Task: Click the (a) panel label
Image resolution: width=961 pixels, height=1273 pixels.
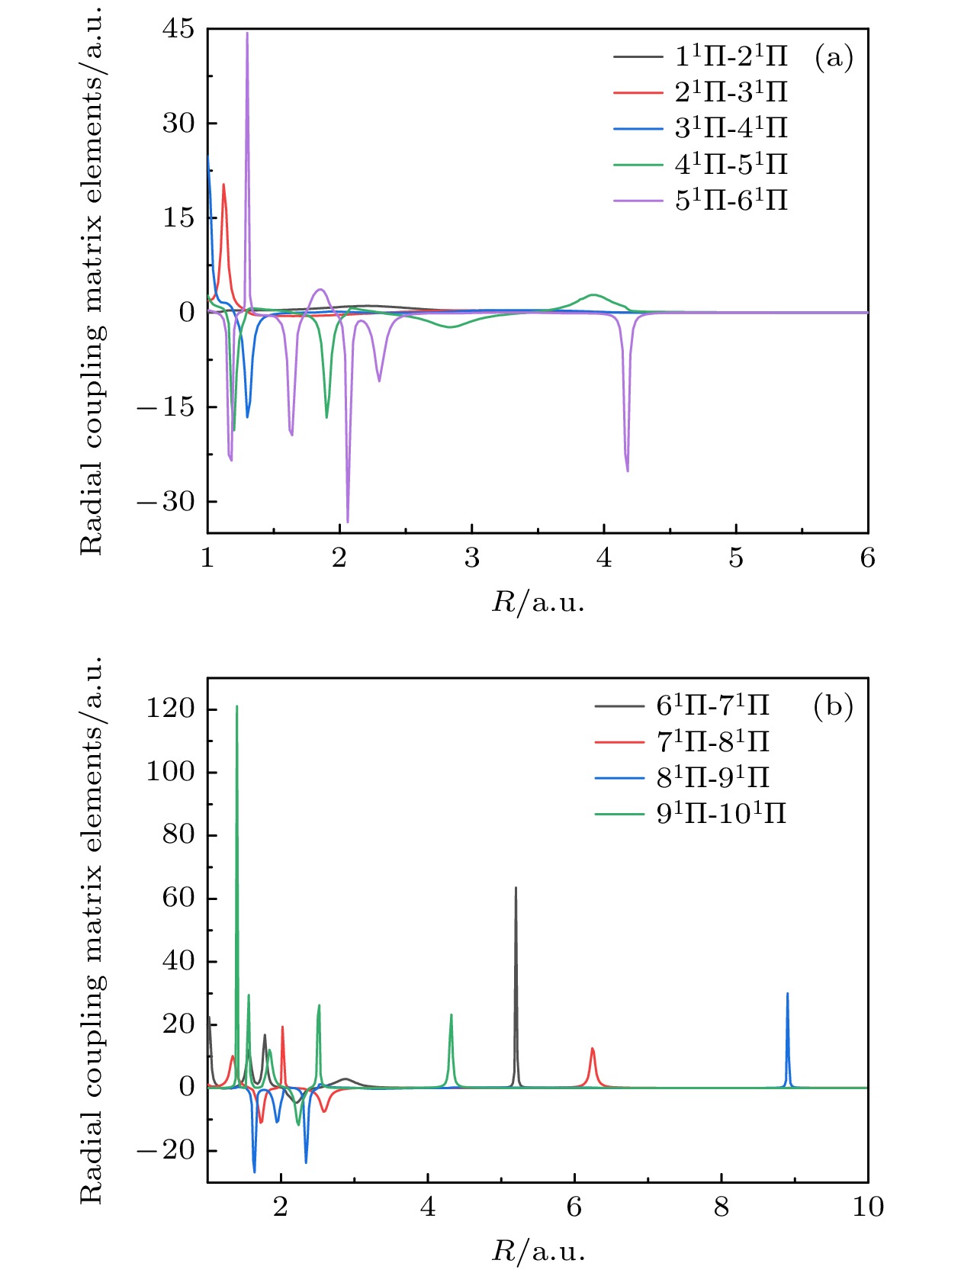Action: tap(834, 57)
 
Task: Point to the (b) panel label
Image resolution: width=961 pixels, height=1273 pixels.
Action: tap(833, 706)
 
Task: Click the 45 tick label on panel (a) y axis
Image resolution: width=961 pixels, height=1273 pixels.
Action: tap(178, 30)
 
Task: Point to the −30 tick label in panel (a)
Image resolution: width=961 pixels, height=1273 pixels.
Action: tap(166, 502)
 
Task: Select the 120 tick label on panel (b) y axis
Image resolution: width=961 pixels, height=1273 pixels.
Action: tap(170, 709)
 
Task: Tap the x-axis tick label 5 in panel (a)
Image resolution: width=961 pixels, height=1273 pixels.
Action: tap(736, 559)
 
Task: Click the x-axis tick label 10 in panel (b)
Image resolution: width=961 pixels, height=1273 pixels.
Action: tap(867, 1207)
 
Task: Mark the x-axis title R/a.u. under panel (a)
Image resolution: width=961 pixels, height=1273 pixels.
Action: tap(538, 603)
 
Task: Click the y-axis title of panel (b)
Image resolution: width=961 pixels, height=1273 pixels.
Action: tap(92, 929)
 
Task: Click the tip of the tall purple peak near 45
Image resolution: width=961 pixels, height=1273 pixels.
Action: tap(246, 34)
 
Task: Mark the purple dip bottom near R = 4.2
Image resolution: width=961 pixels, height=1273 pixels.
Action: tap(628, 471)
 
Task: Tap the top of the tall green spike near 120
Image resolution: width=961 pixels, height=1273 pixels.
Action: tap(237, 706)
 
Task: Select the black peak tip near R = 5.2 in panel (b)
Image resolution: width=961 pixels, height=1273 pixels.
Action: tap(516, 888)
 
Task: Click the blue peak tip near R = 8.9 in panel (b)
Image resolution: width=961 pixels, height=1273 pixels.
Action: tap(787, 994)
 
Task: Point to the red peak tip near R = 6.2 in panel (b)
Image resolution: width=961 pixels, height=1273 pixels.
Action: tap(592, 1049)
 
